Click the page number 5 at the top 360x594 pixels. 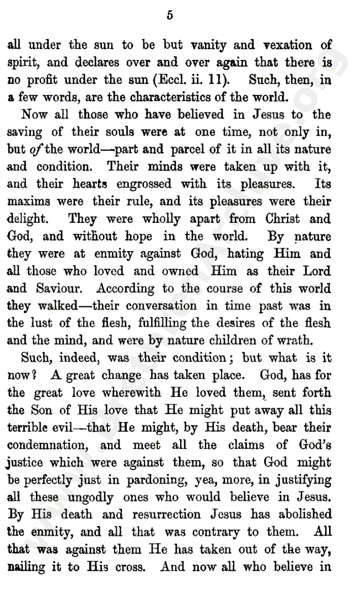(x=169, y=16)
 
